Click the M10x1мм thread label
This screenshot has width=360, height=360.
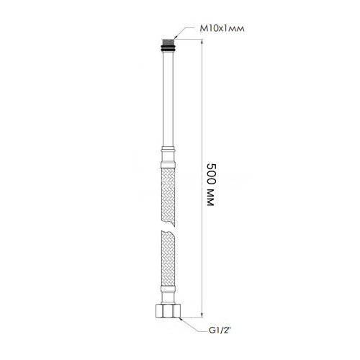click(x=222, y=29)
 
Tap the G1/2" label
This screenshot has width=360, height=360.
click(x=220, y=330)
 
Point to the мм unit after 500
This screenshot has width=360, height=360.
click(x=210, y=197)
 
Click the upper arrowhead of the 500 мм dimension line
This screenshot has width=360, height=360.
click(x=202, y=42)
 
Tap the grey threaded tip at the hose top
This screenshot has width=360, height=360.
click(x=168, y=41)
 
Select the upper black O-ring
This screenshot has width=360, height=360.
click(x=168, y=45)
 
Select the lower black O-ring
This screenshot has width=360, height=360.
click(x=168, y=50)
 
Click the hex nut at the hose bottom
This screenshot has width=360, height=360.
click(x=168, y=311)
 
